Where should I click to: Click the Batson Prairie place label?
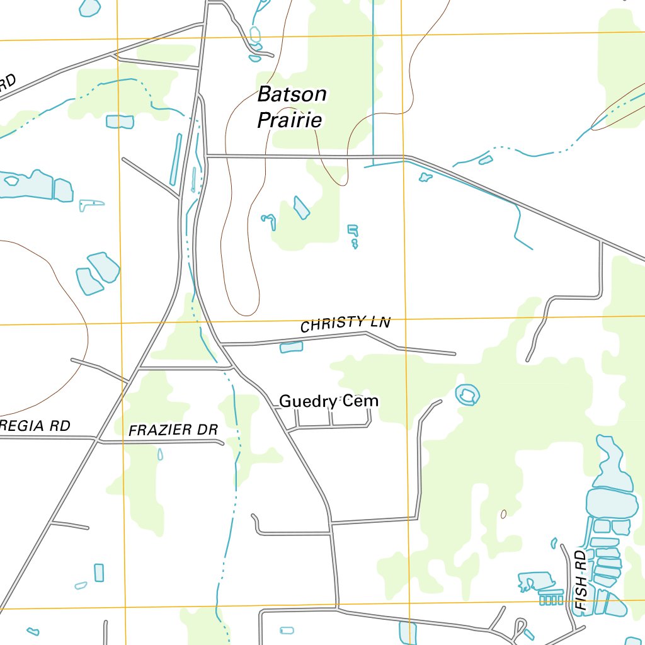tap(292, 107)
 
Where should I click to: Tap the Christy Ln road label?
tap(345, 324)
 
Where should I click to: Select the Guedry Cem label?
tap(329, 401)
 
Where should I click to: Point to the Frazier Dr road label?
tap(173, 430)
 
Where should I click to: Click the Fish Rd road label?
tap(581, 584)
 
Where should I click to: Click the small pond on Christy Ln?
tap(291, 347)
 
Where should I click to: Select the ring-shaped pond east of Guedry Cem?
tap(467, 395)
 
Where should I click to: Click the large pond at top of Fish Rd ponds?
tap(608, 503)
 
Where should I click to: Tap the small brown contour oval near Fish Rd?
tap(503, 514)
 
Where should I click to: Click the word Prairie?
tap(290, 120)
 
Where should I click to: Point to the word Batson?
tap(292, 95)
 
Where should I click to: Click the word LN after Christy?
tap(380, 322)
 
